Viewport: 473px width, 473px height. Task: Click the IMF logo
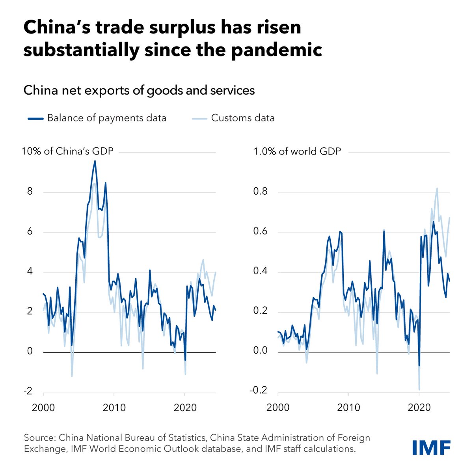coord(431,448)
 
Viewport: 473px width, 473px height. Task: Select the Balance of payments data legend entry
coord(97,118)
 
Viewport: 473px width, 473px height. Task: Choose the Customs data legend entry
coord(233,118)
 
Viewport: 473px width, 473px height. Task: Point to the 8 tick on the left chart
coord(29,192)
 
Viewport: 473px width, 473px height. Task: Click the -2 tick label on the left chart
coord(28,391)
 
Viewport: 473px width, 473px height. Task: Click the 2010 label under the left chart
coord(114,407)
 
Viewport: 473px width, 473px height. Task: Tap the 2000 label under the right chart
coord(278,407)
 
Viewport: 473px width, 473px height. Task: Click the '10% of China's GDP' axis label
coord(67,151)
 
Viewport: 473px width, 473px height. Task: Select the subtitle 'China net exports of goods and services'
coord(139,90)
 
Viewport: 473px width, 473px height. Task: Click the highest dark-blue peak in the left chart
coord(95,161)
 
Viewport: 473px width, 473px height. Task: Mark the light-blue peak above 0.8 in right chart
coord(437,188)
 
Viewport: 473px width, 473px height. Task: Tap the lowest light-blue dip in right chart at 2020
coord(419,389)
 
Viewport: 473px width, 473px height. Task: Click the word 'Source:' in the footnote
coord(40,438)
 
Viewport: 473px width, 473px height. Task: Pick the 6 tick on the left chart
coord(29,232)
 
